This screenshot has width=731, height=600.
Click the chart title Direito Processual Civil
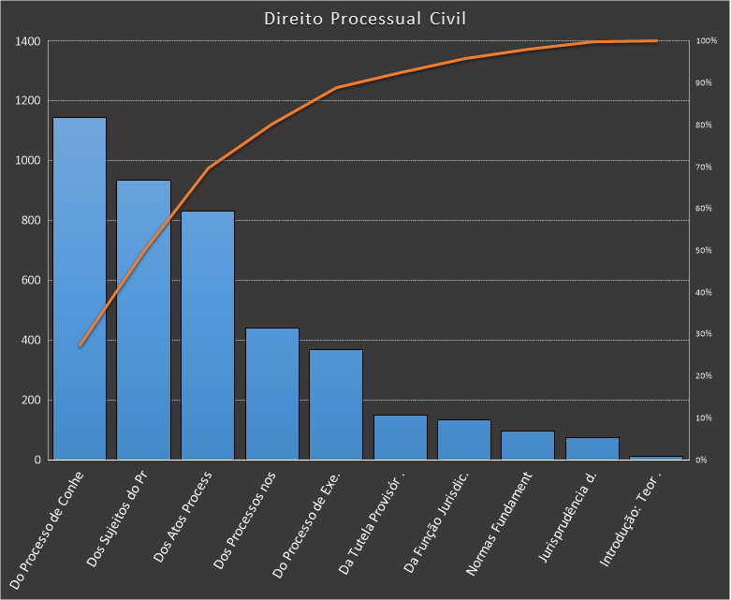365,19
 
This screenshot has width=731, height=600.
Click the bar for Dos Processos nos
272,393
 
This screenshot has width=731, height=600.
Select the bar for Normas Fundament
528,446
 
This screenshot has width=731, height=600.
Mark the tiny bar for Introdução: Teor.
656,458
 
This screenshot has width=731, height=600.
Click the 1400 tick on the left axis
28,41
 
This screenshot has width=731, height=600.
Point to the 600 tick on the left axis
31,281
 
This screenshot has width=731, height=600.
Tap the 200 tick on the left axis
31,401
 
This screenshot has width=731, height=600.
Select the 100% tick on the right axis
707,41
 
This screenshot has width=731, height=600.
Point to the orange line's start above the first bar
80,345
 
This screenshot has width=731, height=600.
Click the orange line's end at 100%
656,41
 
